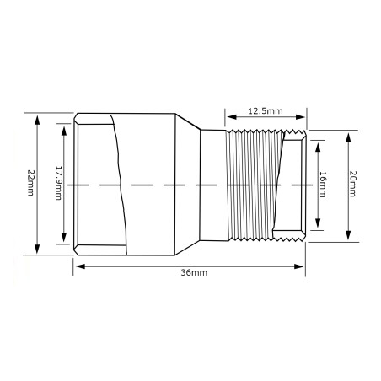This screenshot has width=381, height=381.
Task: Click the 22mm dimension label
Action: (30, 183)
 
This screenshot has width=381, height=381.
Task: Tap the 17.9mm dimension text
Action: (58, 183)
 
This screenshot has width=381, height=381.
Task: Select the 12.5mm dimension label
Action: (266, 111)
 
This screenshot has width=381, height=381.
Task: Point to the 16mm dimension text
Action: (323, 185)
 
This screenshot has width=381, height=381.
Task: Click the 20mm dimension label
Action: (352, 184)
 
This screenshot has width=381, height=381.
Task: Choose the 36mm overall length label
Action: (194, 272)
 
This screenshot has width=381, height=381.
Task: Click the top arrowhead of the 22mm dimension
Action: (37, 120)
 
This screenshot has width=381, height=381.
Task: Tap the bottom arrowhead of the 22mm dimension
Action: (37, 249)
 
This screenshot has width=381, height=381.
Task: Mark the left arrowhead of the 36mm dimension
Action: (80, 266)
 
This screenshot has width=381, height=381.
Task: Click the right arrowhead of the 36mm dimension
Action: (298, 266)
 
